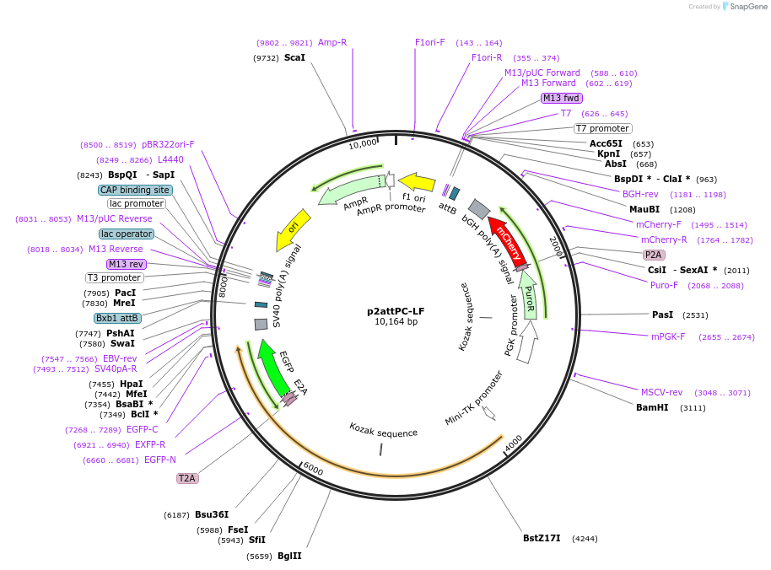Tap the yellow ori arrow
293,230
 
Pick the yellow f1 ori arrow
417,182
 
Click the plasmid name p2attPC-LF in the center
396,311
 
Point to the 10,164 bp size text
396,321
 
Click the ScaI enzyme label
294,57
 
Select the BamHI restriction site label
652,407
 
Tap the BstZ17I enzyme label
542,538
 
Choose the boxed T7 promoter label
603,128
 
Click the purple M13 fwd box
562,98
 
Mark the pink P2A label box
654,255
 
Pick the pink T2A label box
187,478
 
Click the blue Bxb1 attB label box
117,318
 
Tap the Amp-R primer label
332,42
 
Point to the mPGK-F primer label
668,336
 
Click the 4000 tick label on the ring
514,443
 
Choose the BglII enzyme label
289,556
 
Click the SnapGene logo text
748,7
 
